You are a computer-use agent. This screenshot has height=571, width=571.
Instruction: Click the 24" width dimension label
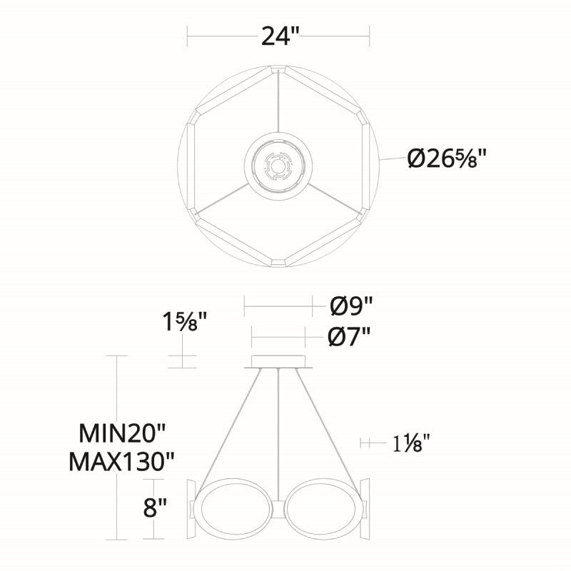(280, 36)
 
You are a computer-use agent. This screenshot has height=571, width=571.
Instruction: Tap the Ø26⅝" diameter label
(447, 159)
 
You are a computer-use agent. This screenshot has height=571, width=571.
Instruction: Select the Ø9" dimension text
(351, 306)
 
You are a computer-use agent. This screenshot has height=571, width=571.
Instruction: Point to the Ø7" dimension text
(349, 337)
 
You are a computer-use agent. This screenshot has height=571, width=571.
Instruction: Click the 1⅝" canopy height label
(185, 322)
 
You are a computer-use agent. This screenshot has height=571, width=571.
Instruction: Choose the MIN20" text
(122, 433)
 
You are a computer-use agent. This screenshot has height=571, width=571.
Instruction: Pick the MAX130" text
(121, 462)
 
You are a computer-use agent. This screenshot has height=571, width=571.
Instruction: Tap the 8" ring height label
(155, 507)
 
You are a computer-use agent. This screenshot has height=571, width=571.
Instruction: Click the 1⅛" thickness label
(412, 443)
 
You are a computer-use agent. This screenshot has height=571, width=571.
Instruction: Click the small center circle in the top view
(278, 166)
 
